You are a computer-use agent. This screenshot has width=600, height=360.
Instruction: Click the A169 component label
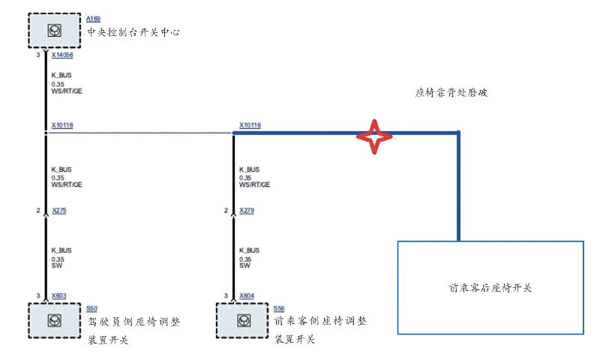tap(93, 18)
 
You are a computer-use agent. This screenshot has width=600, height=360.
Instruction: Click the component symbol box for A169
tap(55, 31)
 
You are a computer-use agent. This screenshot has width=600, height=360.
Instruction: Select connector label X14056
tap(62, 55)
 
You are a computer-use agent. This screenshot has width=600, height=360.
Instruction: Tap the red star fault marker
tap(374, 135)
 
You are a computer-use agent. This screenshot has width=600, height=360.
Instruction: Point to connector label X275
tap(59, 211)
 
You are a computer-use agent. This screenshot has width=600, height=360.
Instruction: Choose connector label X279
tap(247, 211)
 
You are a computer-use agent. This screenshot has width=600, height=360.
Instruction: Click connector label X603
tap(59, 295)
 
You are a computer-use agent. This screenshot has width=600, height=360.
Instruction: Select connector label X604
tap(247, 295)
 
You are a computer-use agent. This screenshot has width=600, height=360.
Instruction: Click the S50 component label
tap(91, 308)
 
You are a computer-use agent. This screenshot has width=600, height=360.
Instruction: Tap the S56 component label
tap(279, 308)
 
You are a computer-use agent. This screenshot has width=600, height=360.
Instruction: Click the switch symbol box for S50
tap(55, 321)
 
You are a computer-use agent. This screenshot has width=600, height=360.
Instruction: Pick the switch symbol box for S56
tap(242, 321)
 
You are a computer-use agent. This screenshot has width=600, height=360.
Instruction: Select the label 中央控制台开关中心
tap(133, 32)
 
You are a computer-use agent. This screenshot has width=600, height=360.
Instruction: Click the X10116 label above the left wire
tap(62, 125)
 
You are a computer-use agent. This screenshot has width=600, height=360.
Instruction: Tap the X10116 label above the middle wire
tap(250, 125)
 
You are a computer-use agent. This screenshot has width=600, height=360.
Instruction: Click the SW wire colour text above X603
tap(56, 265)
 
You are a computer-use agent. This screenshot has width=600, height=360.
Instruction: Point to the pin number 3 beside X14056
tap(38, 55)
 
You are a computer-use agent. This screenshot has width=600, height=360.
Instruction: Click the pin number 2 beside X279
tap(226, 211)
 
